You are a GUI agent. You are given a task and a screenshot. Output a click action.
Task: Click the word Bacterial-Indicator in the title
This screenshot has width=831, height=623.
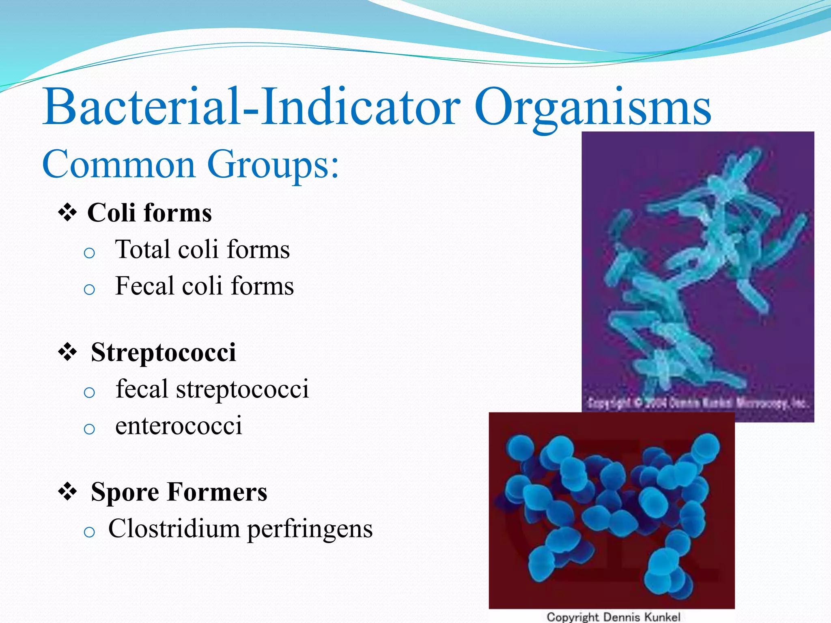click(x=252, y=107)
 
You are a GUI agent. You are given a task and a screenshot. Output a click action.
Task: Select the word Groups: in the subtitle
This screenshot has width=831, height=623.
click(x=273, y=164)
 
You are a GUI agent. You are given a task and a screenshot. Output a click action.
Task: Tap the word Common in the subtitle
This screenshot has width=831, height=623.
click(x=118, y=164)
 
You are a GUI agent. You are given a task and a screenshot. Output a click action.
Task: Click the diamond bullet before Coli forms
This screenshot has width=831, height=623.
click(x=67, y=213)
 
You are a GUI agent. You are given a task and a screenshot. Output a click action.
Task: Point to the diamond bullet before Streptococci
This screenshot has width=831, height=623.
click(x=67, y=352)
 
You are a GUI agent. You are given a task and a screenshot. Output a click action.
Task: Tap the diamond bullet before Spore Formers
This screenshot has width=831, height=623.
click(x=67, y=492)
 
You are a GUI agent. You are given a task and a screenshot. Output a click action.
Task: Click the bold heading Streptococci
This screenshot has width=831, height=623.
click(x=163, y=352)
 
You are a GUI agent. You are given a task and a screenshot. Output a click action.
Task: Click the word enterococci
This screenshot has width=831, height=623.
click(x=179, y=426)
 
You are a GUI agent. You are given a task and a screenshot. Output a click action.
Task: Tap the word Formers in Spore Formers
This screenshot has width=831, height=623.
click(x=217, y=492)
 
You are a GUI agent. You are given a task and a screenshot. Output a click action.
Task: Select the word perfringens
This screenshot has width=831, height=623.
click(x=310, y=529)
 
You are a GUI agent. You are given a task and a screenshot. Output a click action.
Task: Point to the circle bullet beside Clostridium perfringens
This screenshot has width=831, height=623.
click(x=89, y=532)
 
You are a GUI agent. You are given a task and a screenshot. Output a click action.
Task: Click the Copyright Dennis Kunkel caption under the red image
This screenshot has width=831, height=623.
click(x=613, y=617)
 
